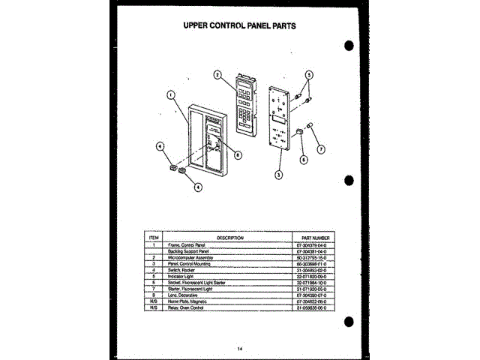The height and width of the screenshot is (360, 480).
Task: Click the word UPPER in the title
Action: point(200,25)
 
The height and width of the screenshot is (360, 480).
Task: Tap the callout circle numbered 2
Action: point(217,74)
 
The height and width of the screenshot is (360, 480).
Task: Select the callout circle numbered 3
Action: point(278,175)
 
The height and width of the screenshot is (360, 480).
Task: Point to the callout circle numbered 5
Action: point(309,75)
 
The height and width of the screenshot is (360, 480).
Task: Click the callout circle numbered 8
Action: point(237,155)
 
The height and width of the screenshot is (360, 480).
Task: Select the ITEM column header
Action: point(154,237)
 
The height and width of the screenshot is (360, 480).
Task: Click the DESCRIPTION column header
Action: point(230,237)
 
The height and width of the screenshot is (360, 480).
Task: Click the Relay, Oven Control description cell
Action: point(187,307)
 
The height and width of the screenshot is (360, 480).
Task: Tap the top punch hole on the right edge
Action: point(349,45)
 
